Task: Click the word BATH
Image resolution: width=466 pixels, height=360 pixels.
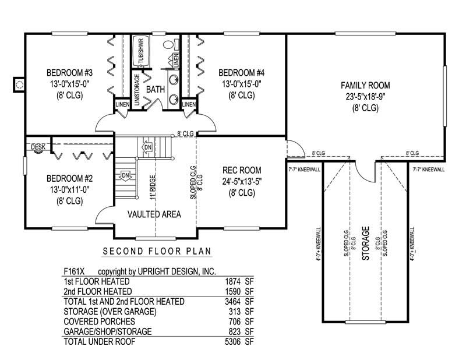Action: point(155,90)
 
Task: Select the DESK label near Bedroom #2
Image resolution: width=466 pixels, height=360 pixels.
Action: point(38,147)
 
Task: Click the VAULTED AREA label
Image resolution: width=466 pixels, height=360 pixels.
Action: point(154,214)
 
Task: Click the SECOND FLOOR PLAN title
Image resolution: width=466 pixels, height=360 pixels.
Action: point(157,252)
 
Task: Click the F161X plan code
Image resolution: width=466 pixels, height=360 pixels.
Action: point(76,271)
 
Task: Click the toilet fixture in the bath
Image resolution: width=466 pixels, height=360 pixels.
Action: point(169,45)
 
